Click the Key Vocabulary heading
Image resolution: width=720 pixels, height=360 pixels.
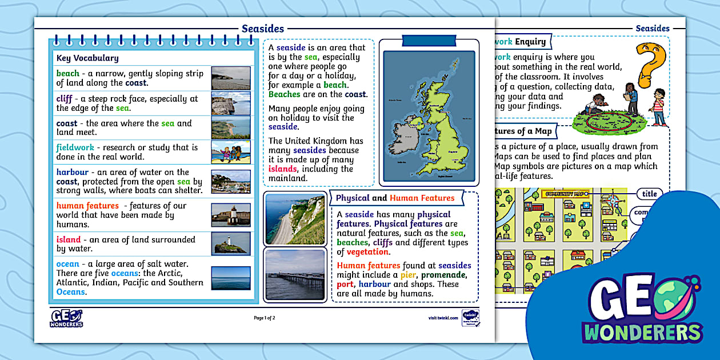coord(87,58)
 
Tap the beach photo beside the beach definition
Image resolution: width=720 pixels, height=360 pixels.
coord(231,78)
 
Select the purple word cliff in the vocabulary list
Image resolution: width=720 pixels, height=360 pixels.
coord(64,98)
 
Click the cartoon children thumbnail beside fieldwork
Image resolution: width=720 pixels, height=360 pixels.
coord(231,152)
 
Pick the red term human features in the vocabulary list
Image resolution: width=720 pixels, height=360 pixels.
coord(87,206)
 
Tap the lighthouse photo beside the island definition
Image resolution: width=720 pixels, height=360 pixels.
coord(231,243)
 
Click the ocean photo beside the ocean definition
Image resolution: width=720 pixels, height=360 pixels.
coord(231,278)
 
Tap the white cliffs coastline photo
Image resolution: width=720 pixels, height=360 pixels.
coord(295,219)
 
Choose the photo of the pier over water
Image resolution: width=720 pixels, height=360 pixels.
coord(295,274)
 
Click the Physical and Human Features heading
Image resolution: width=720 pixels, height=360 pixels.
coord(395,198)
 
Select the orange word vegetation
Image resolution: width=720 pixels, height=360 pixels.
coord(368,252)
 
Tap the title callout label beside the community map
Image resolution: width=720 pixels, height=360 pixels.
coord(650,194)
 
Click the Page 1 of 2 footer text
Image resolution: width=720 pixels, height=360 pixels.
coord(265,318)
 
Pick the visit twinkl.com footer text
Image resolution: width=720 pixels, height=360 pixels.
coord(443,318)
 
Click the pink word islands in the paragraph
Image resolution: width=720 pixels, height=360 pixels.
coord(282,169)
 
